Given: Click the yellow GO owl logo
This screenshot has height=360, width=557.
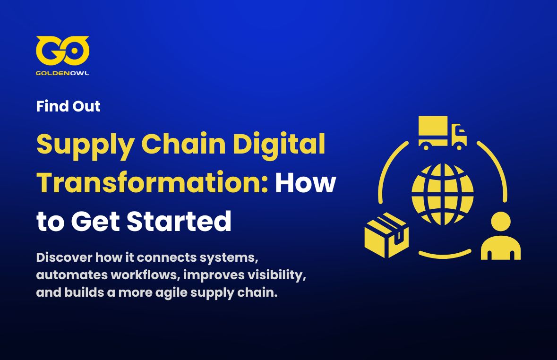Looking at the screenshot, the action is click(x=62, y=51).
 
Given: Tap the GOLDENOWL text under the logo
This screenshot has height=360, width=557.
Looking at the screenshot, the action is click(x=62, y=73).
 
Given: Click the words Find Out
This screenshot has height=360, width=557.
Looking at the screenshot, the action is click(x=68, y=106).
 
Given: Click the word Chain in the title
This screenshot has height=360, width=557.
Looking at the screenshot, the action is click(x=183, y=144).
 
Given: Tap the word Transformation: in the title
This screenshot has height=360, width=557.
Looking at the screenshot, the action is click(x=152, y=182).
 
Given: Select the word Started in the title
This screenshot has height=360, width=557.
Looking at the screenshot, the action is click(x=179, y=221).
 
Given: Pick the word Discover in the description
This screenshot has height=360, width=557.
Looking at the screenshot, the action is click(x=64, y=257).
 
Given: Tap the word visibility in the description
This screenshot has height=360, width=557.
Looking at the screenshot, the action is click(x=277, y=275).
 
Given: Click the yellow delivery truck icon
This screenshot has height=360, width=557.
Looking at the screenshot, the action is click(x=442, y=133).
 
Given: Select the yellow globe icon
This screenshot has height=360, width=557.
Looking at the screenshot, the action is click(x=443, y=194).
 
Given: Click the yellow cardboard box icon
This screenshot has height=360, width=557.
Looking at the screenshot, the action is click(x=386, y=235).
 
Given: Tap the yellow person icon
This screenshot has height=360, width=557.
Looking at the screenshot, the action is click(x=501, y=236).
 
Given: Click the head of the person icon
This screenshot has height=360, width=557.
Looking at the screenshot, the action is click(x=501, y=222).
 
